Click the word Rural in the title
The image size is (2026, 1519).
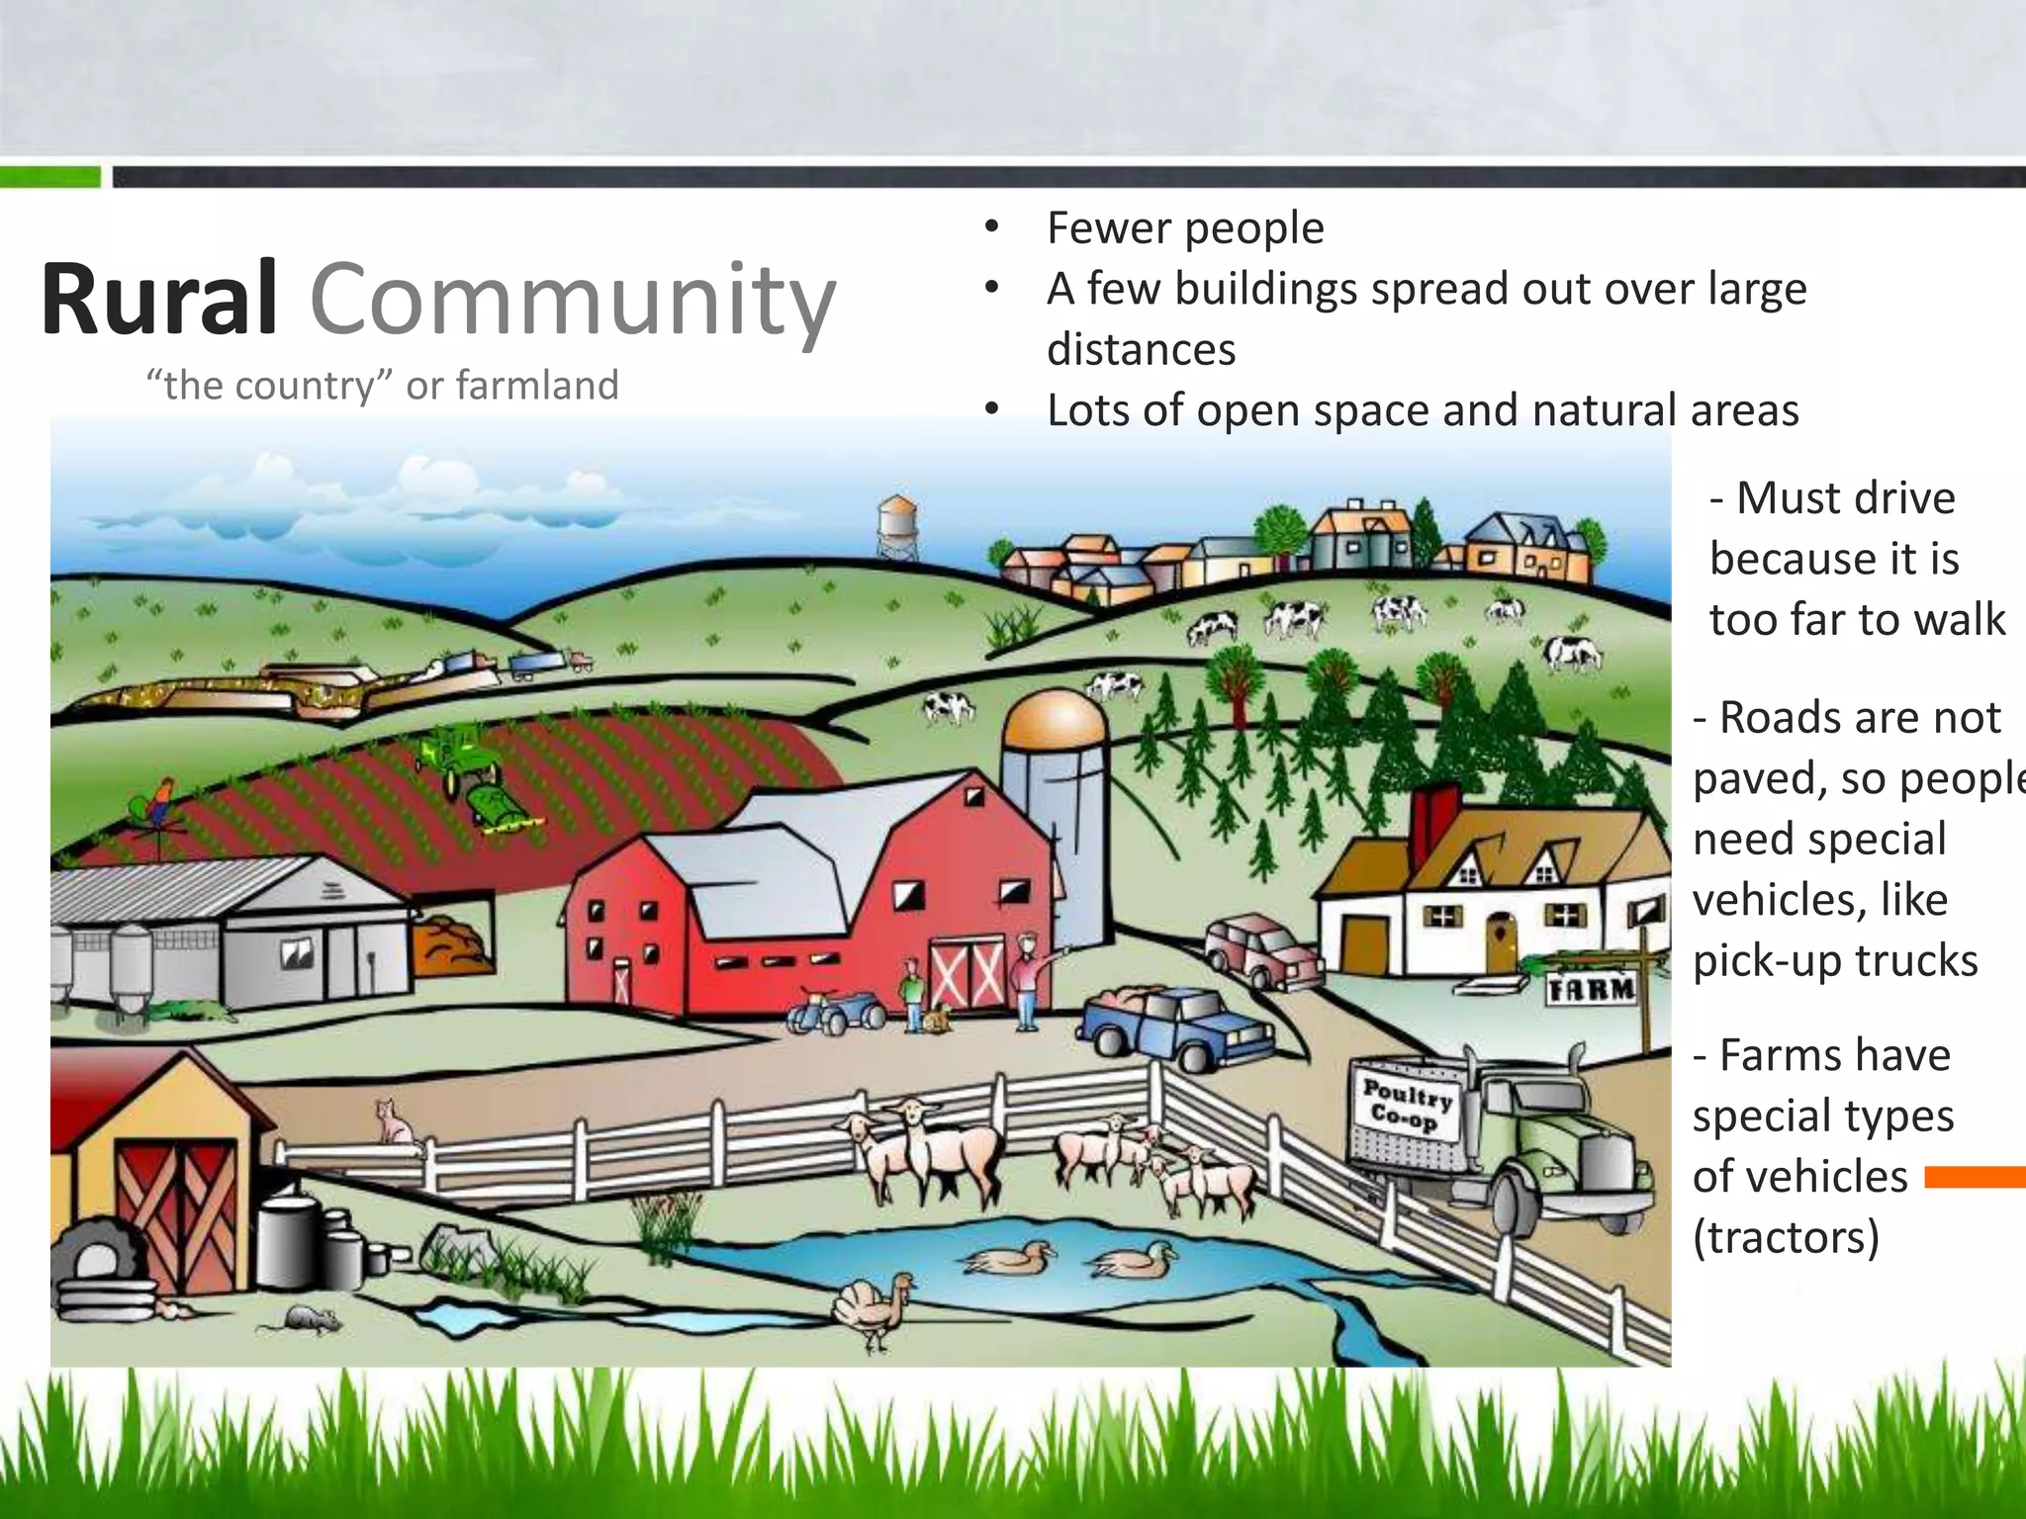158,299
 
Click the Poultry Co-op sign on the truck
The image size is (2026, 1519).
1408,1105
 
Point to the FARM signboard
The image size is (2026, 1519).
1592,988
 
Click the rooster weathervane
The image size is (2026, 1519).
160,803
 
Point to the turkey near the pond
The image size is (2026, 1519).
875,1307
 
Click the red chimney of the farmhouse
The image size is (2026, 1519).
1433,821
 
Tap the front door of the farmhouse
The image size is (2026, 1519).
1500,942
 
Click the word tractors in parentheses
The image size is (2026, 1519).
1786,1237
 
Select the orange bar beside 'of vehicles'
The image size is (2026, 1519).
1975,1177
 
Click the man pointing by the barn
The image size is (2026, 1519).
1029,979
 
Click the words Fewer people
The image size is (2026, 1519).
1185,228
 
